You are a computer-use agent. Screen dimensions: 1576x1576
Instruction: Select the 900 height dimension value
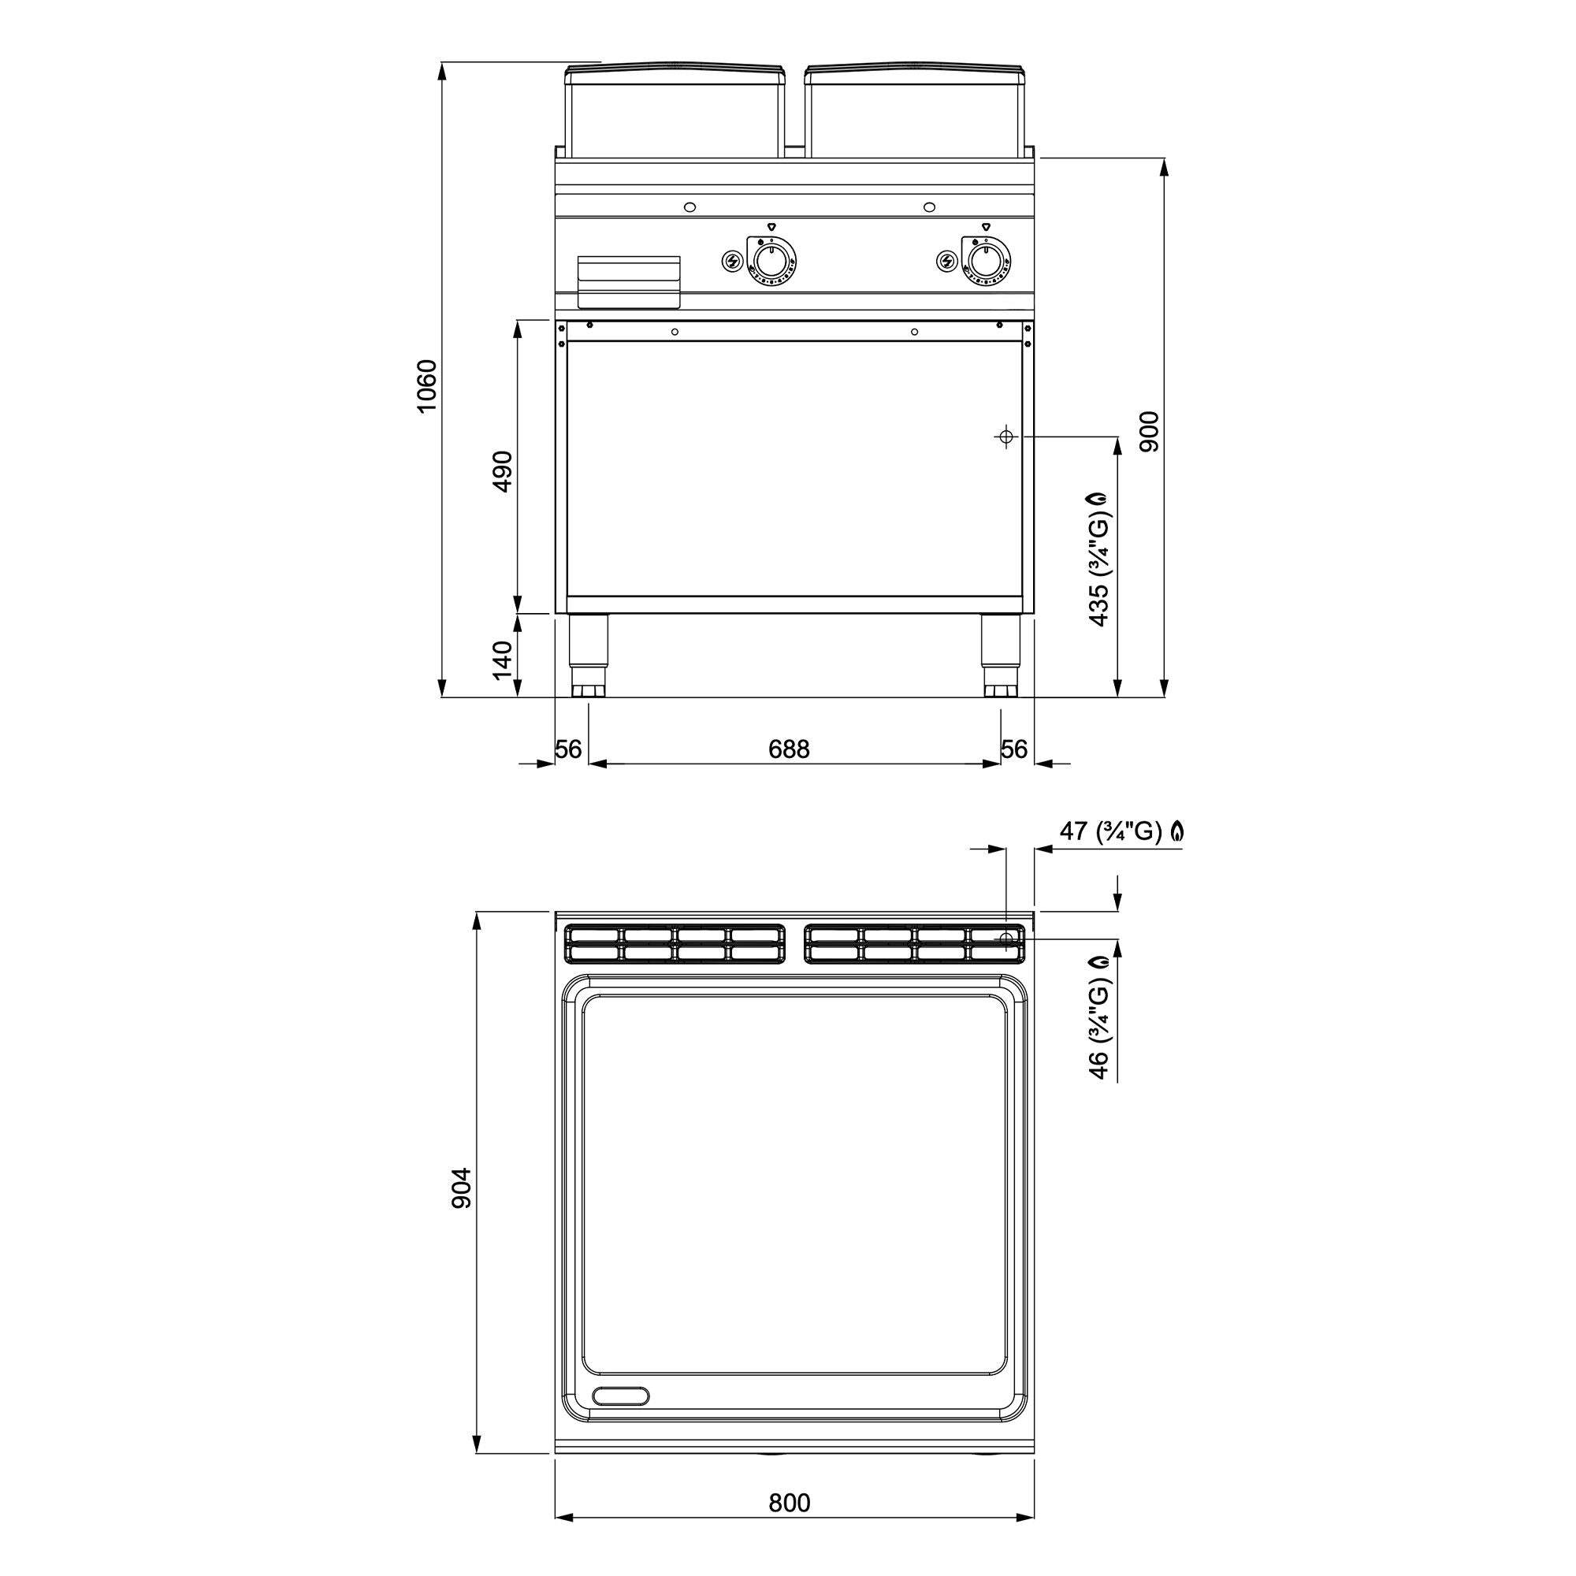point(1150,433)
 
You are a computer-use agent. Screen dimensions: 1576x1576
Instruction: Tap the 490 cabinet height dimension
point(503,471)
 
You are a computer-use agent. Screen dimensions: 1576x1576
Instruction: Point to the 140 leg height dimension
point(503,660)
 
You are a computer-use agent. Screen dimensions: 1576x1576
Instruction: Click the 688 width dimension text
point(789,749)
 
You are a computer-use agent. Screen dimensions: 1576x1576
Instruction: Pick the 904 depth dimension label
point(462,1188)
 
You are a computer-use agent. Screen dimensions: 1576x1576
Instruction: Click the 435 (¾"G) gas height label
point(1098,559)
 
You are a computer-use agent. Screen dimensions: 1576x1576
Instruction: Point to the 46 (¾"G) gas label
point(1098,1017)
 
